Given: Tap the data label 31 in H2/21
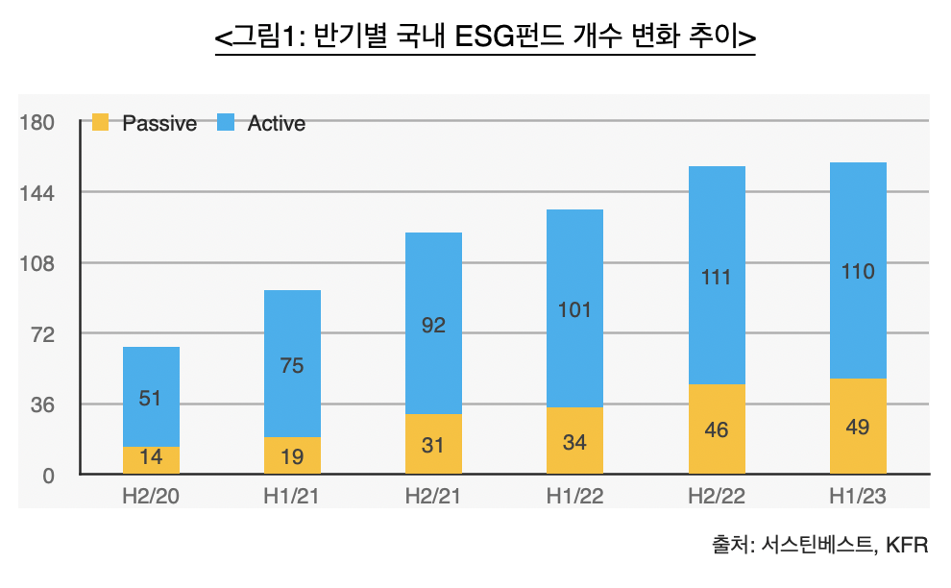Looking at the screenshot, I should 433,446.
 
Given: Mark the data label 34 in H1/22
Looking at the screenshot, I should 574,442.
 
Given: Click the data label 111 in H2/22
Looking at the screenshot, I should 716,278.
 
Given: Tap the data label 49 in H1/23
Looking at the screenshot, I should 857,427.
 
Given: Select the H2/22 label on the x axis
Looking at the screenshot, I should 716,496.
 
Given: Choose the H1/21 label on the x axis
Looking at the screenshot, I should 292,496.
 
